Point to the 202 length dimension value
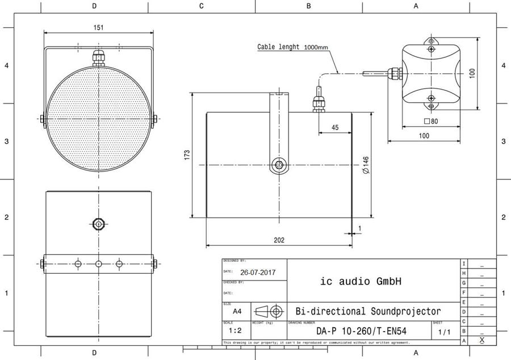279,240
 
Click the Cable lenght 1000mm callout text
292,47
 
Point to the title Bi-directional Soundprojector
368,311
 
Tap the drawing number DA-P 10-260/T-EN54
361,331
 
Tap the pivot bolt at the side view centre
279,165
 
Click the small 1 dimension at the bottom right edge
359,228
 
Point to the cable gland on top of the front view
99,57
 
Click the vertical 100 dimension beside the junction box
472,74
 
